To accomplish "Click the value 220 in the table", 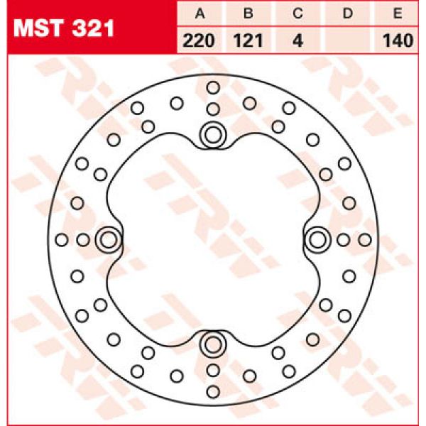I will [x=199, y=40].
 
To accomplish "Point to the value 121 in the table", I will [x=248, y=40].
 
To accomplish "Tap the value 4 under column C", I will [x=298, y=40].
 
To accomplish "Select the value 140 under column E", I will [x=398, y=40].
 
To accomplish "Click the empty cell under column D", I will [x=348, y=40].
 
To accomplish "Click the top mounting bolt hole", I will [x=212, y=133].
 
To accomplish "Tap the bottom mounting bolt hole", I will [x=212, y=345].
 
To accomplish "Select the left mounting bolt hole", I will [x=108, y=240].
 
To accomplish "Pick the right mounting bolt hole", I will [x=317, y=240].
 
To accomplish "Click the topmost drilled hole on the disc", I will [x=213, y=87].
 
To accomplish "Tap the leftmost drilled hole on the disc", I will [x=62, y=240].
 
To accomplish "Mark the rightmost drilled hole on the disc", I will [x=365, y=240].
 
